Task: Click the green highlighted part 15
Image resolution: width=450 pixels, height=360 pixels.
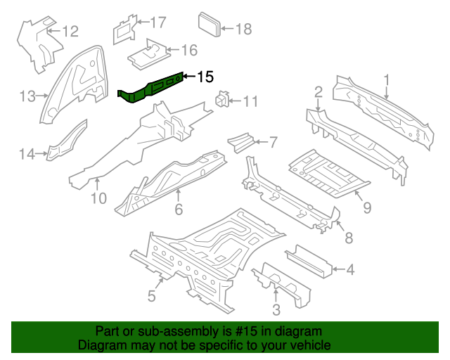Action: point(151,88)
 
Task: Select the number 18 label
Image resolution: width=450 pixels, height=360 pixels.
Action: point(243,30)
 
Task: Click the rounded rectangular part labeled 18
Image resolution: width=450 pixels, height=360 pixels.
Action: point(210,25)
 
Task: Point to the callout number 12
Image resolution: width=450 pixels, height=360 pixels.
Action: point(71,31)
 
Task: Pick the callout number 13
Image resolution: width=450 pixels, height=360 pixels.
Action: point(27,96)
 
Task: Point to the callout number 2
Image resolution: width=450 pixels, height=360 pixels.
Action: point(319,91)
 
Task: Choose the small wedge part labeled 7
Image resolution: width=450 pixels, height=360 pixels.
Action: point(241,139)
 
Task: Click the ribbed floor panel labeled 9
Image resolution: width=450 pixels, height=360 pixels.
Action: point(327,172)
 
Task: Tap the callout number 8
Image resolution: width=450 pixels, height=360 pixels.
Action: point(349,238)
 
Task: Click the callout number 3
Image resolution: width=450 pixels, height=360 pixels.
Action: point(276,309)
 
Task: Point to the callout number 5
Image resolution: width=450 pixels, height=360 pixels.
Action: point(151,296)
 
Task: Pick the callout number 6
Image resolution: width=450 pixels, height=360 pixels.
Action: point(179,209)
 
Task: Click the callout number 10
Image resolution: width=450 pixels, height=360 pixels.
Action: point(98,198)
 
